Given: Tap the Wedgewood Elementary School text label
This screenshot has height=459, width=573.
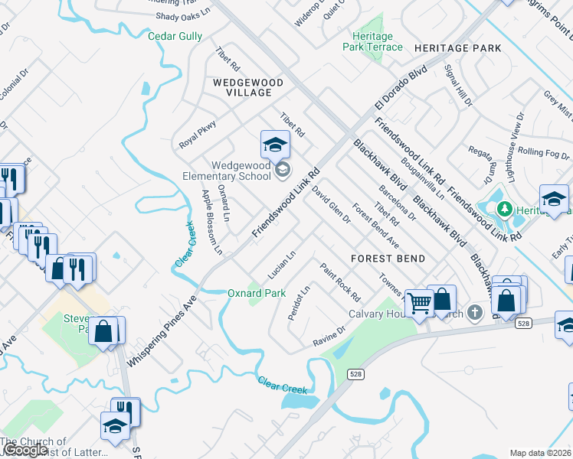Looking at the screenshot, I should pyautogui.click(x=241, y=171).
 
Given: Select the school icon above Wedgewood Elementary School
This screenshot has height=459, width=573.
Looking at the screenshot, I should pyautogui.click(x=275, y=145).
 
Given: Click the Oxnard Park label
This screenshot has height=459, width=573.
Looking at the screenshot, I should pyautogui.click(x=257, y=293).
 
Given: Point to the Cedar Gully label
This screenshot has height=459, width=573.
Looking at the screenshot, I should pyautogui.click(x=175, y=36).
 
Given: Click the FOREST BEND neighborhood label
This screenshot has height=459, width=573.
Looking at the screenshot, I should pyautogui.click(x=388, y=259).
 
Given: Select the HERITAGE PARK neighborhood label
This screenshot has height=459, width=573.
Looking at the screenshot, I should pyautogui.click(x=457, y=48).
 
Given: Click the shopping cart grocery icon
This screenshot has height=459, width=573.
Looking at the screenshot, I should pyautogui.click(x=419, y=304).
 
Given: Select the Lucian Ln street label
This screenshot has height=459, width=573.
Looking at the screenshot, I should pyautogui.click(x=281, y=265).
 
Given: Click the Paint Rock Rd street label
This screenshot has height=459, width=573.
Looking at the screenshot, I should pyautogui.click(x=340, y=282).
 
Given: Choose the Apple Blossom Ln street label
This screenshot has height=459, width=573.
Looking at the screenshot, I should pyautogui.click(x=211, y=222).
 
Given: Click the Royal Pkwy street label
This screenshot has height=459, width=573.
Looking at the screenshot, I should pyautogui.click(x=198, y=133).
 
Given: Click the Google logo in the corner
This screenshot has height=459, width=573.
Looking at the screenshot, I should pyautogui.click(x=25, y=450).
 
